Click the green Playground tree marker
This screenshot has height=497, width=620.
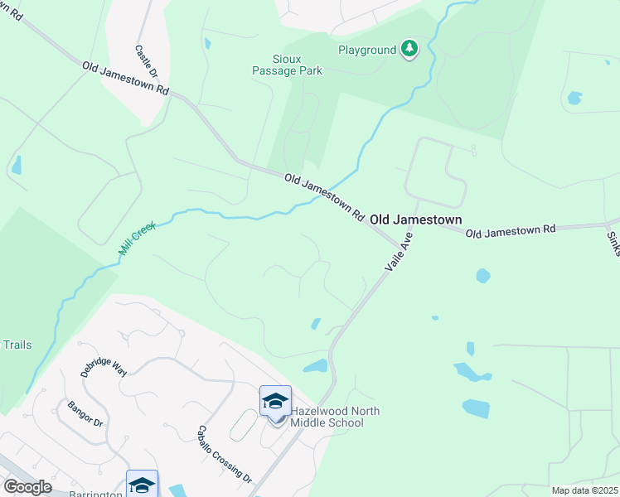409,50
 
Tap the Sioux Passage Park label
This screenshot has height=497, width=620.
286,65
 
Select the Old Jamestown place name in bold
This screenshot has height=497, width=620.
415,220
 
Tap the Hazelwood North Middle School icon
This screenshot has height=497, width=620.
275,403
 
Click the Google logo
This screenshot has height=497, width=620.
27,487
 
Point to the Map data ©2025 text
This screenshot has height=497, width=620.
584,490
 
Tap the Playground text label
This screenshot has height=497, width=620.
367,51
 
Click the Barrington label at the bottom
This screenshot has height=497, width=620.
99,493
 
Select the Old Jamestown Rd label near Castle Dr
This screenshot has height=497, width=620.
126,79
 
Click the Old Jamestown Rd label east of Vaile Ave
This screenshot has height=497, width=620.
510,231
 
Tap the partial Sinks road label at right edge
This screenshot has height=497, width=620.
613,244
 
